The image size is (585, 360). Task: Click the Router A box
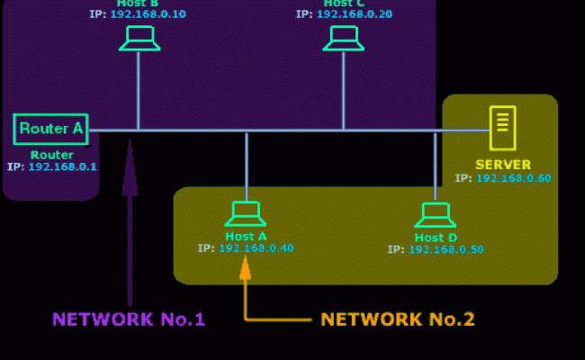pos(51,129)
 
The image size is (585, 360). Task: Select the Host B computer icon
pos(139,38)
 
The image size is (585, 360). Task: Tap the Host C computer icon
pos(343,38)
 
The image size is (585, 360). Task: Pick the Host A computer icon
pos(245,213)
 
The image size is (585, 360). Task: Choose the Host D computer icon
pos(435,215)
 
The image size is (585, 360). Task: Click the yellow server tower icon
pos(502,129)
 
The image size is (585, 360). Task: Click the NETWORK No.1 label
pos(129,319)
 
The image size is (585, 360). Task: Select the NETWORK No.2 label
pos(398,319)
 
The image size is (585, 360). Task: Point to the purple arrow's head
pos(130,166)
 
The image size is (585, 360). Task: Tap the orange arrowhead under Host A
pos(245,267)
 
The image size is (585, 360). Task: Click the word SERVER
pos(503,165)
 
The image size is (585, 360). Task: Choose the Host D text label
pos(436,238)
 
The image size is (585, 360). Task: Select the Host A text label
pos(246,236)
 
